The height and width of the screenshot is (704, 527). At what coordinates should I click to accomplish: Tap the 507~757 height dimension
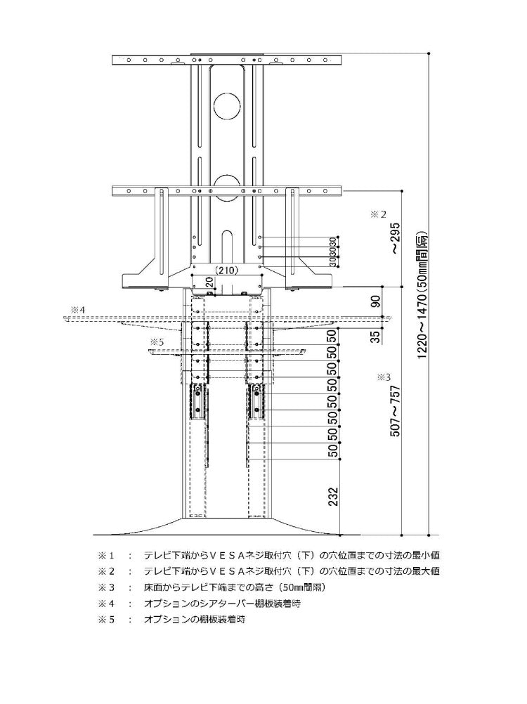tap(395, 411)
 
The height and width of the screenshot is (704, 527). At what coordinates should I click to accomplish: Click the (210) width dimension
tap(226, 269)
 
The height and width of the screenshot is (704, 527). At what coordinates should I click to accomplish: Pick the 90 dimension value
tap(375, 302)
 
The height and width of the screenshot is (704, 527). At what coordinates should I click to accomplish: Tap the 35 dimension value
tap(375, 336)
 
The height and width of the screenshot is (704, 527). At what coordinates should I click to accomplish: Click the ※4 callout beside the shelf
tap(77, 309)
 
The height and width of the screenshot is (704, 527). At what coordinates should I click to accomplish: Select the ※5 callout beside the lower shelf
tap(157, 341)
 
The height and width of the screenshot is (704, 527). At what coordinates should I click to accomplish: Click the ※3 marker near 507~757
tap(383, 377)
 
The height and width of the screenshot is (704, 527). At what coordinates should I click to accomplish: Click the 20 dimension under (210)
tap(208, 282)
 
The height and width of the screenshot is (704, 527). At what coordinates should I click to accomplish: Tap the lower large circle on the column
tap(226, 185)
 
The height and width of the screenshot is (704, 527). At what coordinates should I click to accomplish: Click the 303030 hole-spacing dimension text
tap(332, 250)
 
